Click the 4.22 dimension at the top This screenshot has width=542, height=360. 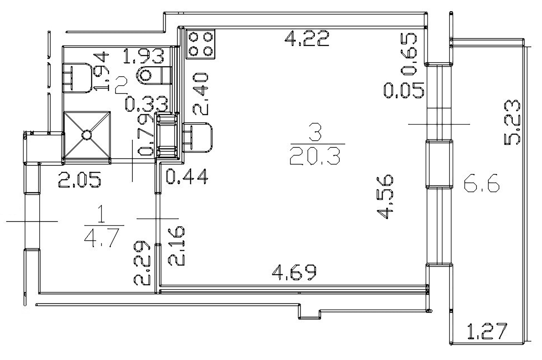click(x=307, y=39)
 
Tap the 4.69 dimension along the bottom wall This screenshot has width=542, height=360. click(x=294, y=272)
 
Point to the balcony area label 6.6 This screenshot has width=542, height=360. click(x=482, y=184)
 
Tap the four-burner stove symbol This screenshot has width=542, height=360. click(x=200, y=44)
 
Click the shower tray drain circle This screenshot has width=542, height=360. click(x=86, y=135)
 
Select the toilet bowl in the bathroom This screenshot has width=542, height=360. click(x=154, y=76)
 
